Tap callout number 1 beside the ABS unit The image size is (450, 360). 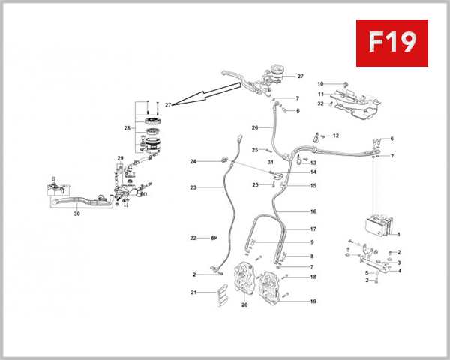coord(398,235)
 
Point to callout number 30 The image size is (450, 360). coord(76,214)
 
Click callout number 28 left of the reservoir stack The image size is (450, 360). coord(127,128)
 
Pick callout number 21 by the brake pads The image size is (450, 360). coord(193,292)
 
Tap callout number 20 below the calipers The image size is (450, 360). coord(244,305)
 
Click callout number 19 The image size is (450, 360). coord(313,301)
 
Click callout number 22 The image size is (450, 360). coord(193,238)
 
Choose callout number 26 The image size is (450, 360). coord(255,127)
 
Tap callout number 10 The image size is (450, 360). coord(319,83)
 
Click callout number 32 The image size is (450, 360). coord(319,103)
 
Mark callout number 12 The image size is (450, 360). coord(335,136)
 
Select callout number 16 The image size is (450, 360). coord(313,211)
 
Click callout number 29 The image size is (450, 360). coord(119,157)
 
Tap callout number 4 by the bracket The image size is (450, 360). coord(399,271)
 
